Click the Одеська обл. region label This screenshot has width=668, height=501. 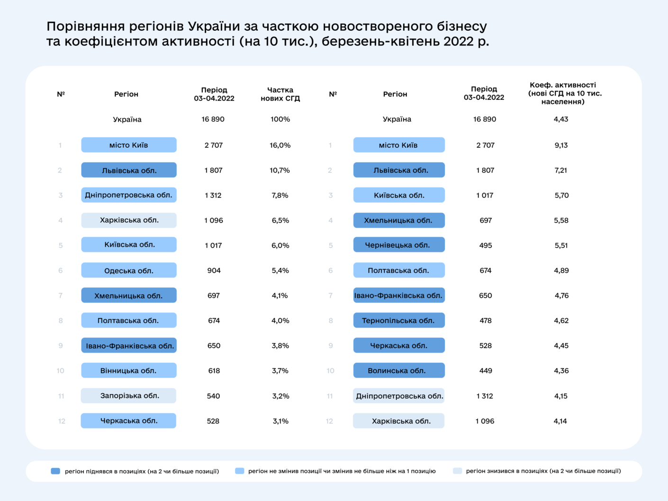(129, 270)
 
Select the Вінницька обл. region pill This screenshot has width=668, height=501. (129, 370)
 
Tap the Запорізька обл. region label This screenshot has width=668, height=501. (129, 395)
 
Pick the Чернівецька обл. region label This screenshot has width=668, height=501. (399, 245)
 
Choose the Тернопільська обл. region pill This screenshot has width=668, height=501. (399, 321)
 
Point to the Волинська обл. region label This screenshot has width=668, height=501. (399, 370)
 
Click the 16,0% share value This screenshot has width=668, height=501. (280, 145)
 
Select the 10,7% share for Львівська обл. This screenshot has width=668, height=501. (280, 170)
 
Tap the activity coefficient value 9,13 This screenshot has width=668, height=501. (561, 145)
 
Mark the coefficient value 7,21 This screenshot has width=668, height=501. (561, 170)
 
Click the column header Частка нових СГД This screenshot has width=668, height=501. (280, 94)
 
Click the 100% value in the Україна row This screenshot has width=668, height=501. (280, 119)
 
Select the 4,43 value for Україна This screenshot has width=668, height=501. (561, 119)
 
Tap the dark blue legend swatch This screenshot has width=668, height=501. (55, 471)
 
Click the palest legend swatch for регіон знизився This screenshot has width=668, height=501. (457, 471)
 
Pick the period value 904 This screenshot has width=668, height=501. (214, 270)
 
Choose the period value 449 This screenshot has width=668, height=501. (486, 371)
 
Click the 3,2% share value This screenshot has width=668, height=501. (280, 396)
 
